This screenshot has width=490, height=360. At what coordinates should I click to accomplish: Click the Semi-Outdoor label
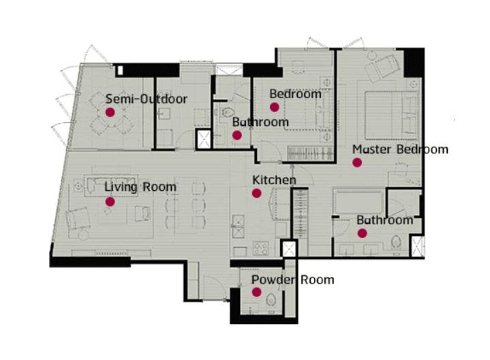coord(147,99)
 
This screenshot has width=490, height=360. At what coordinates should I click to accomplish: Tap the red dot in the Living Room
coord(110,202)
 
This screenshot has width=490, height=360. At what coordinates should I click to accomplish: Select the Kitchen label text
coord(274,180)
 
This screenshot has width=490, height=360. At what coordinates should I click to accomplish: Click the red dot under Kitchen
coord(256,193)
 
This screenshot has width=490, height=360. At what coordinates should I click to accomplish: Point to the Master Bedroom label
coord(400,149)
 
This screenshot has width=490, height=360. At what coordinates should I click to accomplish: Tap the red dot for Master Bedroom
coord(357,162)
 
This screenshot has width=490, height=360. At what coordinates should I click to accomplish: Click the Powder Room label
coord(293,280)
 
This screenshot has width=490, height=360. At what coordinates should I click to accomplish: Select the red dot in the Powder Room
coord(256,292)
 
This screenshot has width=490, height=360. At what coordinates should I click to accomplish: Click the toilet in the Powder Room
coord(271,299)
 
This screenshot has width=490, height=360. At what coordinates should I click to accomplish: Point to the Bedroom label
coord(295,94)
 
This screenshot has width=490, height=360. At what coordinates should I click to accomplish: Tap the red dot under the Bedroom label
coord(275,107)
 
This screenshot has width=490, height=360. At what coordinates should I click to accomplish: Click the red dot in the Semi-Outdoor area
coord(110,112)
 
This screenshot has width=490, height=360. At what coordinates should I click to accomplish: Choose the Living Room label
coord(140,187)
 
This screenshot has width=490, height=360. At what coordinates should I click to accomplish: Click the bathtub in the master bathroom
coord(358,202)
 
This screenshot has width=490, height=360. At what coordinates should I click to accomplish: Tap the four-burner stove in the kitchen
coord(260,248)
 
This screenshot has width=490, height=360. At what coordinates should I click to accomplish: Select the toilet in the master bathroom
coord(396,242)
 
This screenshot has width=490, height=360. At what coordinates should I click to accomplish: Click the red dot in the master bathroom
coord(362,233)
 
